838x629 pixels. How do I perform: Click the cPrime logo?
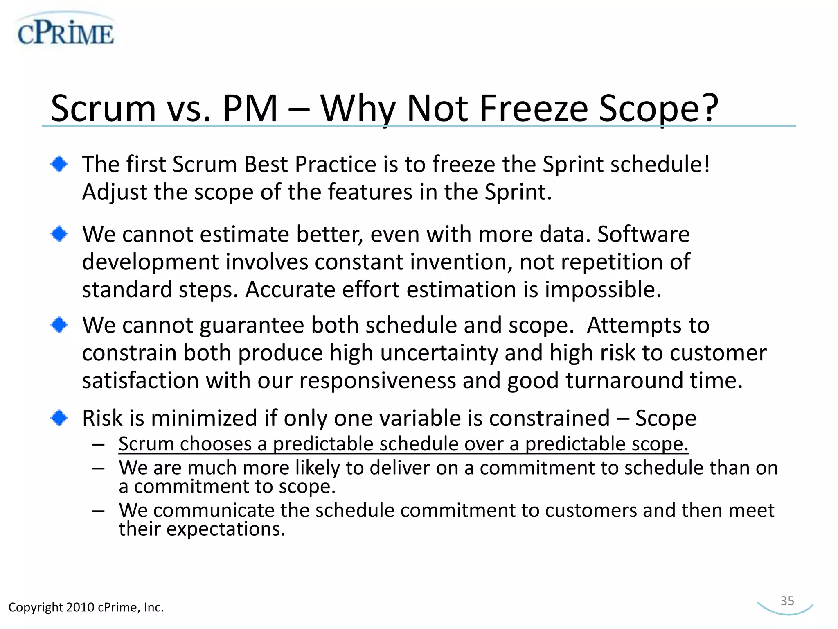[x=65, y=32]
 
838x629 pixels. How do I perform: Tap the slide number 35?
[x=787, y=601]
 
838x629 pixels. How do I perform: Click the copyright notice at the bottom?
[x=86, y=607]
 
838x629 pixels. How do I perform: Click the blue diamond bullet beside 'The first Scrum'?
[x=59, y=164]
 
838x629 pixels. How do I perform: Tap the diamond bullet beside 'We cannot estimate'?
[x=59, y=234]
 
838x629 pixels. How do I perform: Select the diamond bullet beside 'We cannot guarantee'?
[x=59, y=325]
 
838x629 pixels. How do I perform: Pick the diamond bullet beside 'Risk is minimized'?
[x=59, y=418]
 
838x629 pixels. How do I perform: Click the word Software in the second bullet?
[x=643, y=234]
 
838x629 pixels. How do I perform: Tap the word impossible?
[x=603, y=290]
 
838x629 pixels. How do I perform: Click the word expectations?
[x=225, y=529]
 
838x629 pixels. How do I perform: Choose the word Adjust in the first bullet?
[x=115, y=192]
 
